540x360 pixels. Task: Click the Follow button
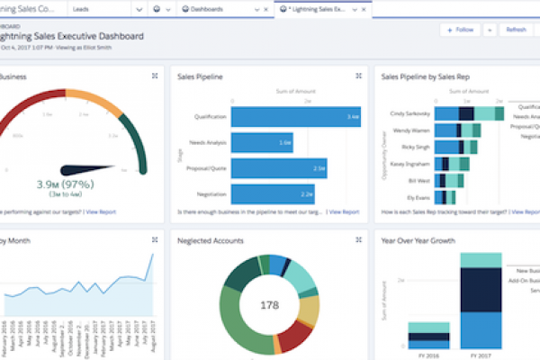point(459,30)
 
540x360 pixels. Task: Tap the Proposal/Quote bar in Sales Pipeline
point(279,168)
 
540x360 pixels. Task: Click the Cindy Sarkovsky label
point(410,114)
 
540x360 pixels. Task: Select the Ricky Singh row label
point(416,146)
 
